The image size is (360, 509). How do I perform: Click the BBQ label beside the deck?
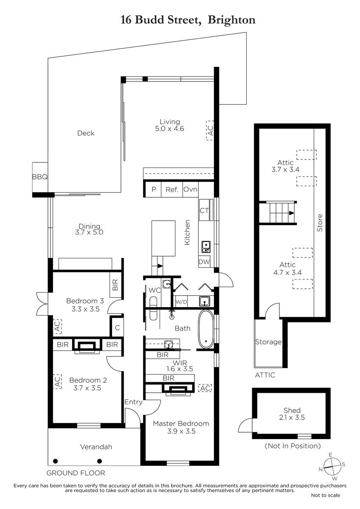[x=40, y=177]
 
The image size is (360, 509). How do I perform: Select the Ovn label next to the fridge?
[x=190, y=189]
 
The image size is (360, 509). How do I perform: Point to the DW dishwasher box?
[x=204, y=262]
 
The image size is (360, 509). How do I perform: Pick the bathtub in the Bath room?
[x=206, y=329]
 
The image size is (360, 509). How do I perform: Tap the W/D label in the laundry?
[x=181, y=302]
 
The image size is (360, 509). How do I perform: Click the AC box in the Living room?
[x=210, y=131]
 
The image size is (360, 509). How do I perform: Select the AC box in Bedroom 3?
[x=57, y=326]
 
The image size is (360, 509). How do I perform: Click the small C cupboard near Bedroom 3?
[x=117, y=327]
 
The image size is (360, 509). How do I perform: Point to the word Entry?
[x=133, y=402]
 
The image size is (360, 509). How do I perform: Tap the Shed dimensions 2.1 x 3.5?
[x=292, y=417]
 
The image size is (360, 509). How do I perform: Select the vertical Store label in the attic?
[x=320, y=223]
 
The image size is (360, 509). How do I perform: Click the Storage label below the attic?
[x=268, y=342]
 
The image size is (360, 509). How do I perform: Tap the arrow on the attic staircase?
[x=291, y=213]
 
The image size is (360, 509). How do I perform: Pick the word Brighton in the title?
[x=231, y=20]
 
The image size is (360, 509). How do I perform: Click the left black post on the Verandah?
[x=55, y=461]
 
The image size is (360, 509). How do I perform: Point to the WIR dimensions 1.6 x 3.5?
[x=180, y=369]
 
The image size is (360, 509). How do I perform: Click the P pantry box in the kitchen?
[x=154, y=189]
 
